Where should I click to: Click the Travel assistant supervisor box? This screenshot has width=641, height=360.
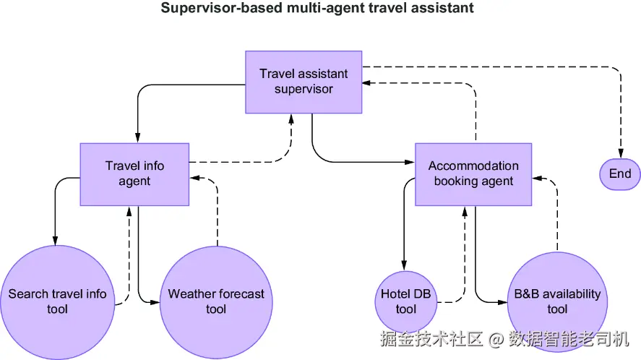pyautogui.click(x=304, y=82)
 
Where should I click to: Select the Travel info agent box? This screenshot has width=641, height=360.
pyautogui.click(x=134, y=174)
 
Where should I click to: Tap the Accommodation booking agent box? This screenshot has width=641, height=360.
pyautogui.click(x=473, y=174)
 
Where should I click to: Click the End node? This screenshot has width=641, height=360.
pyautogui.click(x=620, y=174)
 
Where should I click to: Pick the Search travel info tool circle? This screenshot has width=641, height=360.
pyautogui.click(x=57, y=303)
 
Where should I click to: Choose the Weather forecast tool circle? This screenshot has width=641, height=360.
pyautogui.click(x=216, y=303)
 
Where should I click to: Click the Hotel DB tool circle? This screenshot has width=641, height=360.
pyautogui.click(x=405, y=302)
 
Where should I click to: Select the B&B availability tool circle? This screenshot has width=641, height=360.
pyautogui.click(x=557, y=302)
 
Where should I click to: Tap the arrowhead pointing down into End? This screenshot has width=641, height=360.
pyautogui.click(x=621, y=153)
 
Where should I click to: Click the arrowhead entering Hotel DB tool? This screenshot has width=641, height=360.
pyautogui.click(x=404, y=266)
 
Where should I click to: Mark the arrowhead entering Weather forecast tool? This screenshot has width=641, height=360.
pyautogui.click(x=155, y=302)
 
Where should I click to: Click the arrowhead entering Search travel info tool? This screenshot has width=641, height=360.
pyautogui.click(x=55, y=241)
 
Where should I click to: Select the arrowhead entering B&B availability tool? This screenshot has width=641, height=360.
pyautogui.click(x=502, y=302)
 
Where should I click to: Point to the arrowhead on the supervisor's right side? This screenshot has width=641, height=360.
pyautogui.click(x=367, y=83)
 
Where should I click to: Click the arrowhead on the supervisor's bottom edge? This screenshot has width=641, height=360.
pyautogui.click(x=291, y=119)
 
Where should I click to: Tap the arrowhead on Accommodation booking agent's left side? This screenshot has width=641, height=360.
pyautogui.click(x=410, y=162)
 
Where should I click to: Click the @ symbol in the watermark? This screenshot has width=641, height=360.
pyautogui.click(x=496, y=340)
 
